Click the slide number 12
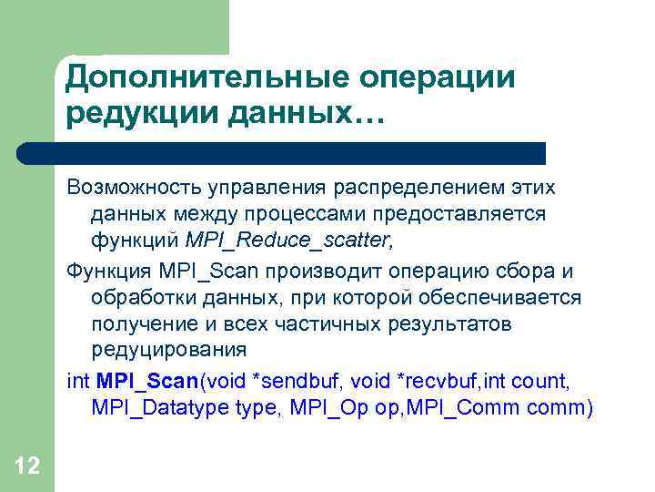(x=27, y=466)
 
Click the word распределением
(x=414, y=187)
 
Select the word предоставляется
(x=479, y=214)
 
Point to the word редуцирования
(x=169, y=351)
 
